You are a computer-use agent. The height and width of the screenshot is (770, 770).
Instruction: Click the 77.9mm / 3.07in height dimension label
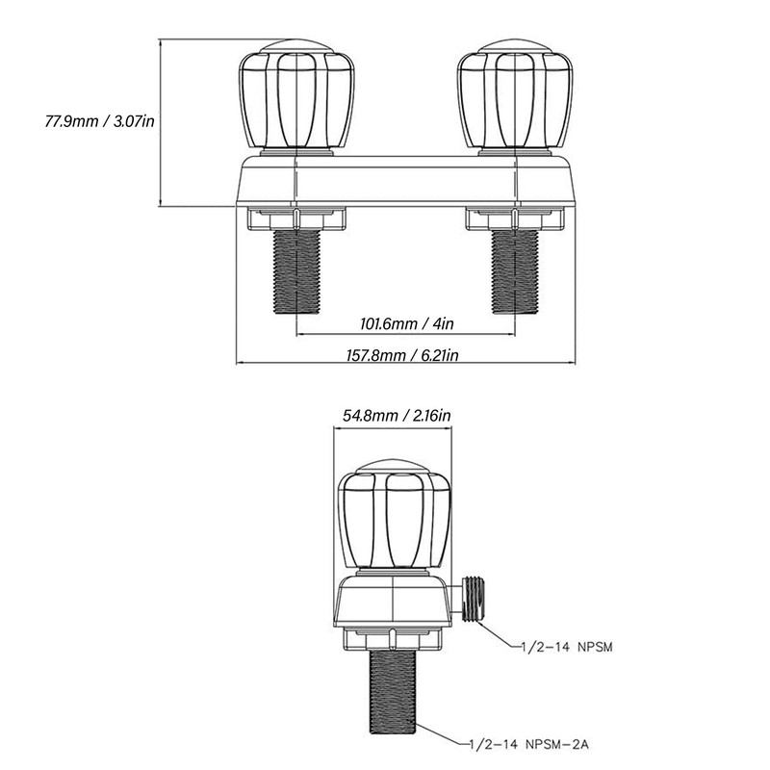(x=100, y=121)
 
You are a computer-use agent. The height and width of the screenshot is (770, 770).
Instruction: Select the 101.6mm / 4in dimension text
(x=407, y=323)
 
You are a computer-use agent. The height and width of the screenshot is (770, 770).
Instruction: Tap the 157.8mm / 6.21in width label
(x=402, y=354)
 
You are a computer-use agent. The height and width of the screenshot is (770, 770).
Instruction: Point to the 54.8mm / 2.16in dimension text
(x=397, y=416)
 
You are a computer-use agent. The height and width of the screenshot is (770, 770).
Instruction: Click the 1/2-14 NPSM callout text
(x=567, y=647)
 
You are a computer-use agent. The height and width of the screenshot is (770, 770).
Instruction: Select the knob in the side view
(x=394, y=515)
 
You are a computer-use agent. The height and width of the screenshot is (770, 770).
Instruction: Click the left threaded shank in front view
(x=296, y=271)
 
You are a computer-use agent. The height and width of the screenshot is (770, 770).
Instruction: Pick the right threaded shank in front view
(x=515, y=271)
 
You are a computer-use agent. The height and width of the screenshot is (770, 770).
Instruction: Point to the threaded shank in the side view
(x=393, y=691)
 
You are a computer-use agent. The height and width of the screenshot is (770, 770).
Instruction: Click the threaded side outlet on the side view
(x=472, y=600)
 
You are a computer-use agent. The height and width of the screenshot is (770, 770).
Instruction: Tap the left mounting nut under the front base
(x=296, y=218)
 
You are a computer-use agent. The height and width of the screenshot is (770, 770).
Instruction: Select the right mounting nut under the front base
(x=515, y=218)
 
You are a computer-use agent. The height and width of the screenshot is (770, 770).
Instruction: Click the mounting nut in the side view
(x=393, y=638)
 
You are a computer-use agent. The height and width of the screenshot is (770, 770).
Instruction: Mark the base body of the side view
(x=393, y=600)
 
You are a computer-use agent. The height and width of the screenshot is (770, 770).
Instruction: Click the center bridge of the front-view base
(x=405, y=180)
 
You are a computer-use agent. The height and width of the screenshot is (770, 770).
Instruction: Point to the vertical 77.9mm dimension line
(x=161, y=123)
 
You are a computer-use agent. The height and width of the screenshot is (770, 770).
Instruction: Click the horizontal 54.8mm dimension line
(x=393, y=427)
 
